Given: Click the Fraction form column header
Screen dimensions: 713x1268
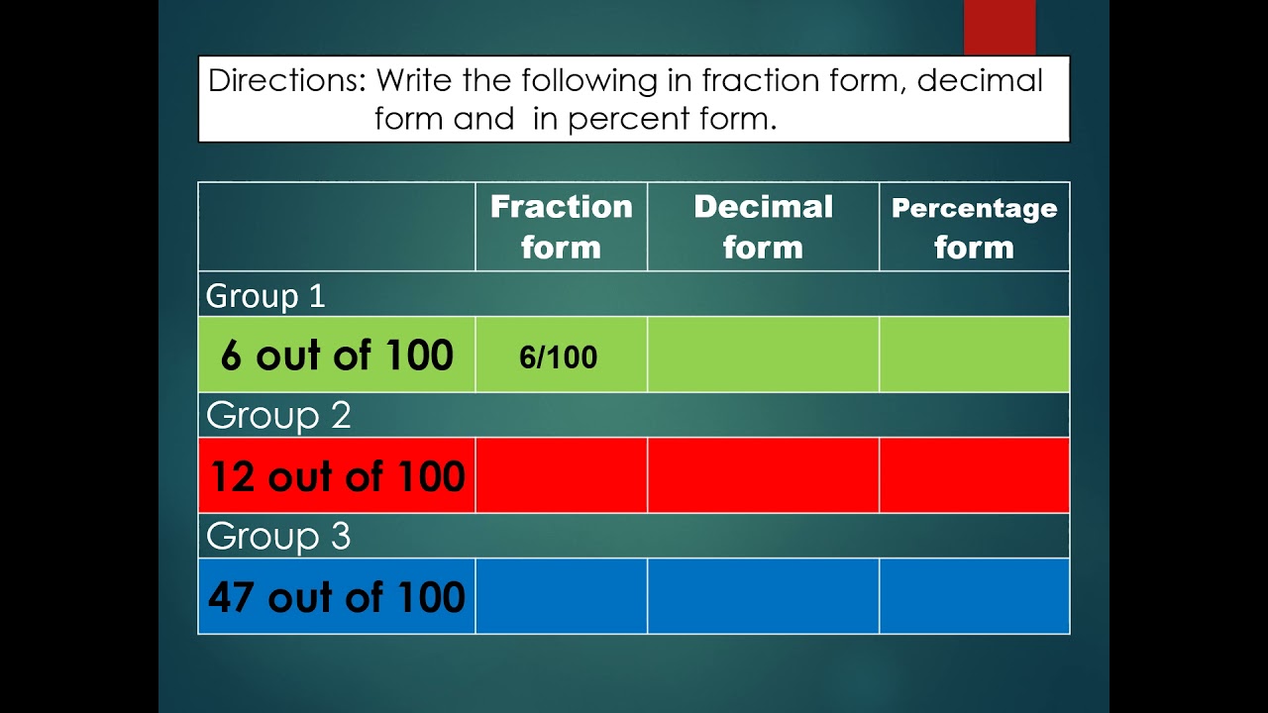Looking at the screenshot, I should pos(561,227).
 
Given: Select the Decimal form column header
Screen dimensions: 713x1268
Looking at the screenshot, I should pos(763,227).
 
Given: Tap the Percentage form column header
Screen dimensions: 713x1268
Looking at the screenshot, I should pos(974,227).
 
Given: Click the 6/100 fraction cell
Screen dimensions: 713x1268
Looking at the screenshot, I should pos(559,356).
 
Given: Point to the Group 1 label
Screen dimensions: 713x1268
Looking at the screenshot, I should pos(265,295).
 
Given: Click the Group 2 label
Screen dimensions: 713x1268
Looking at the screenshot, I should pos(278,416).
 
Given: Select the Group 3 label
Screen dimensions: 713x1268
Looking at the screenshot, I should pos(278,536).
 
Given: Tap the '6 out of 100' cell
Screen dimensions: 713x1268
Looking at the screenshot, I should pos(337,356).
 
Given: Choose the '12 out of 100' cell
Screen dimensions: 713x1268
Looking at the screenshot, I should pos(337,476).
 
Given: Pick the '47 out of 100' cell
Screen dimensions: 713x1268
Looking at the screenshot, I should pos(337,597).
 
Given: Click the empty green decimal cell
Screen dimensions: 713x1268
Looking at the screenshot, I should pos(763,356).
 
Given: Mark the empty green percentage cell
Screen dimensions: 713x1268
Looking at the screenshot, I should pos(974,356).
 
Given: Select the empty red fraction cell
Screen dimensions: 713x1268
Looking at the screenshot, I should pos(561,476).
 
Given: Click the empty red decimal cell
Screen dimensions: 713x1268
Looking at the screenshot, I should pos(763,476).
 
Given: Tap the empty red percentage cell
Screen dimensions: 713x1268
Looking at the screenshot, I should pos(974,476).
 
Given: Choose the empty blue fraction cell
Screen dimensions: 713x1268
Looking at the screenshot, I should pos(561,597).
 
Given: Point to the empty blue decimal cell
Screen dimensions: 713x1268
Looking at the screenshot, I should pos(763,597).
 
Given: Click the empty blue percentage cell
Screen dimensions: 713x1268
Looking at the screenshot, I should pos(974,597).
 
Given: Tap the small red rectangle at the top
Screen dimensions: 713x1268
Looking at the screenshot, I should pos(1000,27).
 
